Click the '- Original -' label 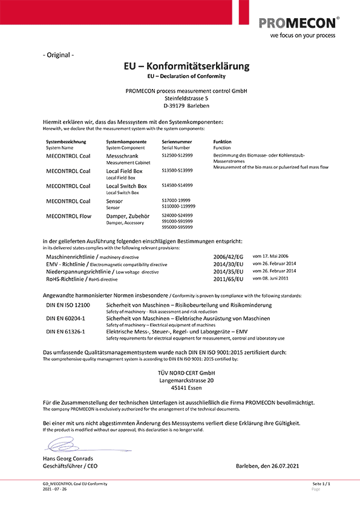[x=59, y=55]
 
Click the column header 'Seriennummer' [x=177, y=142]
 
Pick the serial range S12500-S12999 [x=177, y=156]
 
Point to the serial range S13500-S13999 [x=177, y=171]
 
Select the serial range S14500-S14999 [x=177, y=185]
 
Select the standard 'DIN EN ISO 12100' [x=68, y=306]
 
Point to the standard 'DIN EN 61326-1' [x=65, y=331]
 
